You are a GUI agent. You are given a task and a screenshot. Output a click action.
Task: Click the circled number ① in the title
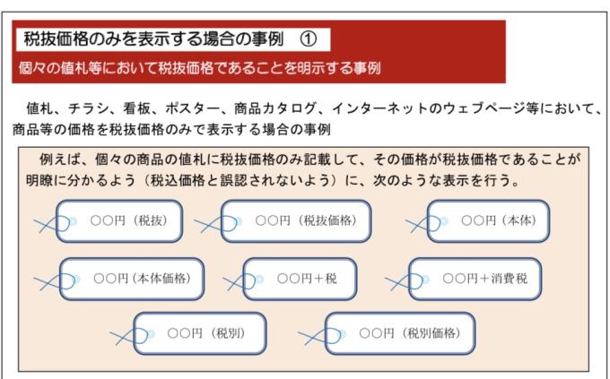coord(309,39)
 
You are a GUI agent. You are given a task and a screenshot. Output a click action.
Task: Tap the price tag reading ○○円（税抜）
coord(119,220)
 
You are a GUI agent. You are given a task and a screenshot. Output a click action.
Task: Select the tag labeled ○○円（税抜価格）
coord(296,220)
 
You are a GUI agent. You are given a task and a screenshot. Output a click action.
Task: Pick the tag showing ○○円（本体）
coord(488,220)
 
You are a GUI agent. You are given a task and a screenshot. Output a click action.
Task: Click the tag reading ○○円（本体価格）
coord(132,279)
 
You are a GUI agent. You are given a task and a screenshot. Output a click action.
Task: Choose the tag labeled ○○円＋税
coord(300,279)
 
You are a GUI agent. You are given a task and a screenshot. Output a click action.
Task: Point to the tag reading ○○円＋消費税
coord(475,279)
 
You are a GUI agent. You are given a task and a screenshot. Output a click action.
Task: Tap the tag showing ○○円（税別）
coord(200,333)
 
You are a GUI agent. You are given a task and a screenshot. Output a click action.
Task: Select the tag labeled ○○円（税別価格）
coord(400,333)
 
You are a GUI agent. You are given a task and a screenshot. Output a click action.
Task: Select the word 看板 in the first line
coord(137,108)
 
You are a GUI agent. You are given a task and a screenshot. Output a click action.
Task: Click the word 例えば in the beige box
coord(59,159)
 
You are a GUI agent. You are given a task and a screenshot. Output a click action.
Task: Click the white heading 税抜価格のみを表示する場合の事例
coord(153,39)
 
